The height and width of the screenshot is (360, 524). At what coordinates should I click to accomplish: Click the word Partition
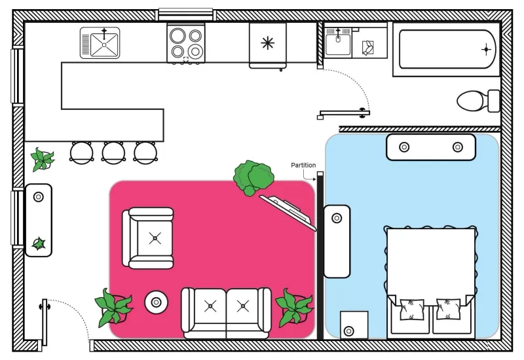303,165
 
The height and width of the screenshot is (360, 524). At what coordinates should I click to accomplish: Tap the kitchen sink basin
104,45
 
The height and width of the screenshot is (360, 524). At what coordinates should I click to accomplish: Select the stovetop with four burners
186,43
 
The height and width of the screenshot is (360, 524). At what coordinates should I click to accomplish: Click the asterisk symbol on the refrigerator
268,43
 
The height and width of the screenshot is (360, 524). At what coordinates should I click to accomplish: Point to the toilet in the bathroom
478,101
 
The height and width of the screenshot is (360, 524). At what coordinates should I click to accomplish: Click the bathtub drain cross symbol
486,50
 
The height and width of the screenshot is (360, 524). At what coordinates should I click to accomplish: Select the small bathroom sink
338,43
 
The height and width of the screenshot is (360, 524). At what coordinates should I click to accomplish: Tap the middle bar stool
113,153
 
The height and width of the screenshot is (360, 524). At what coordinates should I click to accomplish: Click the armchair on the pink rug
148,238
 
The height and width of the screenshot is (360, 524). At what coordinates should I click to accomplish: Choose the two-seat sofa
226,314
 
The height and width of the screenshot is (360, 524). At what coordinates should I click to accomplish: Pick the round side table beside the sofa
156,302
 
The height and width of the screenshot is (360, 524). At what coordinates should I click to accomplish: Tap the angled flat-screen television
288,213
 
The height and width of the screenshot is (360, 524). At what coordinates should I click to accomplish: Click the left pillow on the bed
412,309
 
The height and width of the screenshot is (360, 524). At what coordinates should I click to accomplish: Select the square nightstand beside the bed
354,325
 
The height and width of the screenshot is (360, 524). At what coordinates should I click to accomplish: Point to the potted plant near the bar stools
42,160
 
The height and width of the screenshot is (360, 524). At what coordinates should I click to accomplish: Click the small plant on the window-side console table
39,243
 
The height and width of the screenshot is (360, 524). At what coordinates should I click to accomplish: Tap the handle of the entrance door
44,306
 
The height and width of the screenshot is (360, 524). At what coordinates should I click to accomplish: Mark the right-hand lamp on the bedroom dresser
457,147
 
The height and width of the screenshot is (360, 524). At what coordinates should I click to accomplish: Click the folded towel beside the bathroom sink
368,48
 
